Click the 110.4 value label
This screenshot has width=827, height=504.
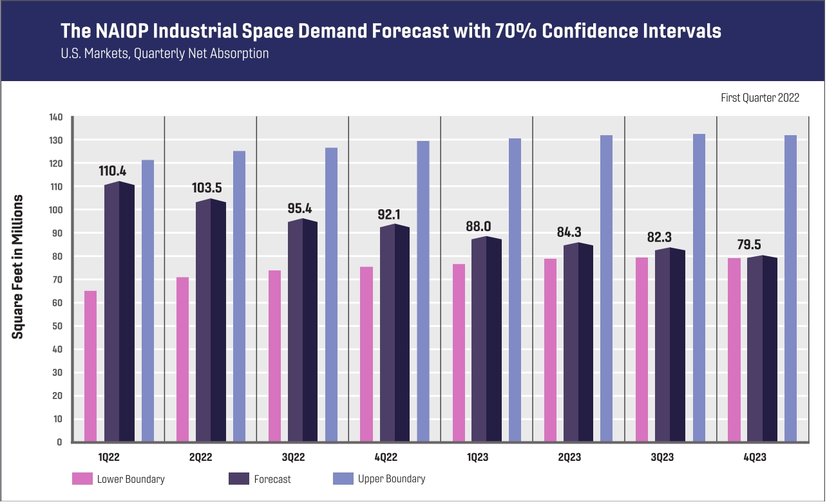coord(113,171)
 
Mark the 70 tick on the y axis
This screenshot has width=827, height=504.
coord(57,279)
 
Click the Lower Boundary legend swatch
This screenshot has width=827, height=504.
coord(82,479)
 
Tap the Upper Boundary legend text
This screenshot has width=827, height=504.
coord(391,479)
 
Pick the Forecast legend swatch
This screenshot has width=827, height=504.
coord(239,479)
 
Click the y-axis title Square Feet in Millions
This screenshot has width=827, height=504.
coord(19,266)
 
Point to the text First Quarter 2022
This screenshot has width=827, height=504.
coord(760,98)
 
